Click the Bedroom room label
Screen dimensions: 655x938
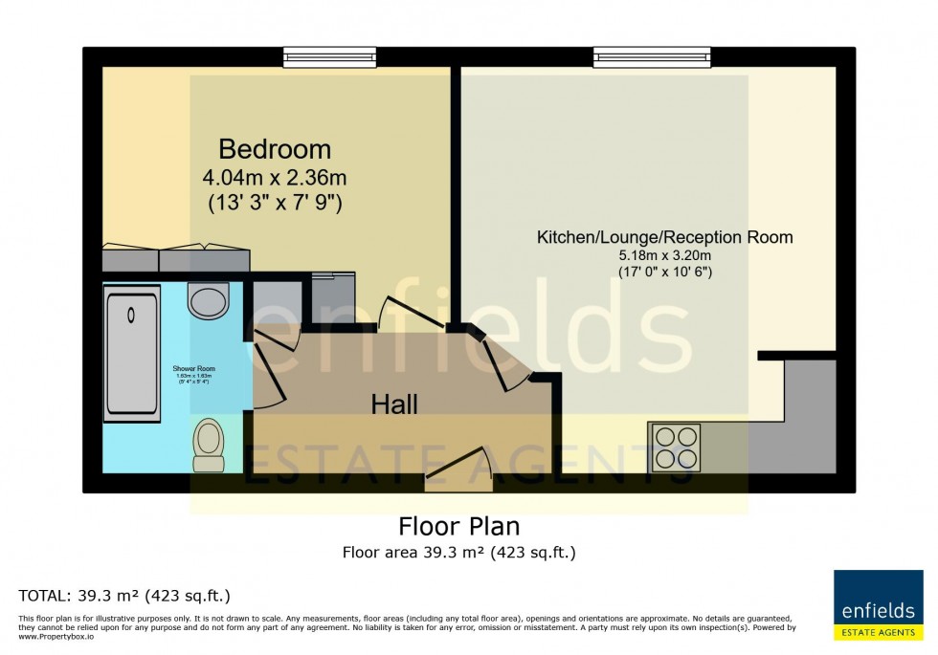[x=275, y=149]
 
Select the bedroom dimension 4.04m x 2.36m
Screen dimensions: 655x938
[x=275, y=177]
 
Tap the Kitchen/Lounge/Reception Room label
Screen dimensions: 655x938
[x=664, y=237]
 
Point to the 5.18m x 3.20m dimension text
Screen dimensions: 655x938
[x=664, y=255]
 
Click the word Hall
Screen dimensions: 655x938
[x=394, y=405]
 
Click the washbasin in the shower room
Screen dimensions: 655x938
[x=209, y=299]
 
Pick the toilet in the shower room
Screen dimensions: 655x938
[x=208, y=446]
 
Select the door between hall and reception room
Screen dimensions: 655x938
[x=503, y=359]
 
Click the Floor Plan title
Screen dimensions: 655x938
[x=458, y=527]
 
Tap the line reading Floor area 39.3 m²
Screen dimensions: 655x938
[x=458, y=552]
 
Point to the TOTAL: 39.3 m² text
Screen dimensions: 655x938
[x=124, y=596]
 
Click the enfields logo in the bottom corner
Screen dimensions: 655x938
[x=878, y=605]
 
